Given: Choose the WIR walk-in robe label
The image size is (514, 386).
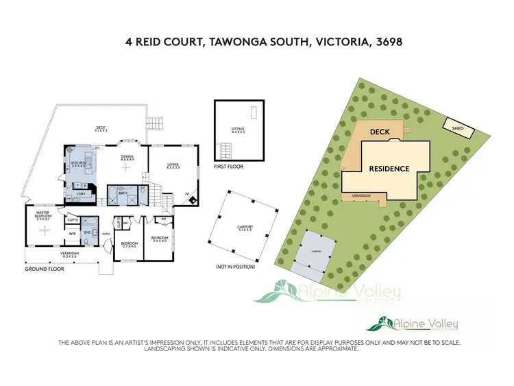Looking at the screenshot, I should point(71,233).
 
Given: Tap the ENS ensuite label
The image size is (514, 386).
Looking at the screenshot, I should point(88,233).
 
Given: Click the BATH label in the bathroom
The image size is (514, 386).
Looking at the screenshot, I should point(123,193).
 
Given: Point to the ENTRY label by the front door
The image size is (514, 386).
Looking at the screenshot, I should point(106,234).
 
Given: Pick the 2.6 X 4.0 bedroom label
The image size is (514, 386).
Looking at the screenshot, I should point(160,239).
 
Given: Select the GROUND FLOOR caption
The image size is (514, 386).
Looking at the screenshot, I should point(45,269).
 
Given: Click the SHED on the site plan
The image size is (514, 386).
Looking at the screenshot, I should point(455,125).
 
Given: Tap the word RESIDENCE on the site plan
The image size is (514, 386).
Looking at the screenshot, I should point(389,168).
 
